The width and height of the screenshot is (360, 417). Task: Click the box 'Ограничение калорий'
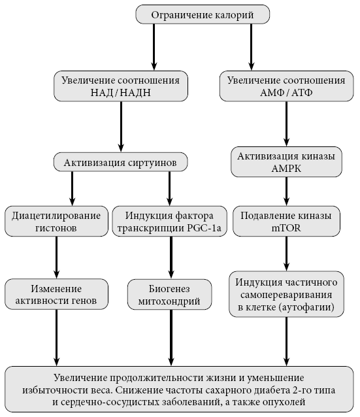pyautogui.click(x=203, y=14)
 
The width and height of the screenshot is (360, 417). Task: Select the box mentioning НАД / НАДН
pyautogui.click(x=121, y=86)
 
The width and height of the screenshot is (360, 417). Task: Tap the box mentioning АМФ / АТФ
pyautogui.click(x=286, y=86)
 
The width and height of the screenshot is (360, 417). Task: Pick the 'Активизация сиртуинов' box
pyautogui.click(x=120, y=162)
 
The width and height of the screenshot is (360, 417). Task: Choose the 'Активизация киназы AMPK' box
pyautogui.click(x=286, y=161)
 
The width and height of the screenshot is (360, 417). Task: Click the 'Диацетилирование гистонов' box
pyautogui.click(x=56, y=222)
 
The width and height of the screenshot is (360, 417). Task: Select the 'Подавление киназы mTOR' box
pyautogui.click(x=286, y=222)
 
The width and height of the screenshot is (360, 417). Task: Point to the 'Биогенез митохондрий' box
pyautogui.click(x=170, y=294)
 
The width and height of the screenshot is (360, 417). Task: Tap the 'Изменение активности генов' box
pyautogui.click(x=56, y=294)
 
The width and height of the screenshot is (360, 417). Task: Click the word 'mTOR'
pyautogui.click(x=286, y=228)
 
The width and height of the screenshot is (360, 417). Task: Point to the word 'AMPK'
pyautogui.click(x=286, y=169)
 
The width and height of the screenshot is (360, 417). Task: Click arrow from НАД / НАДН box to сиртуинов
pyautogui.click(x=122, y=127)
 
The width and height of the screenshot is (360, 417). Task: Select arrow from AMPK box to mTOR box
pyautogui.click(x=286, y=192)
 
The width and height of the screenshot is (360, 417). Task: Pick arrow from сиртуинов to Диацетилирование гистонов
pyautogui.click(x=73, y=188)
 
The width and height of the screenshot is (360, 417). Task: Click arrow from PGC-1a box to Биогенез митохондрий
pyautogui.click(x=171, y=258)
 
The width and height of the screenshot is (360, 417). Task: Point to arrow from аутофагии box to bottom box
pyautogui.click(x=286, y=341)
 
